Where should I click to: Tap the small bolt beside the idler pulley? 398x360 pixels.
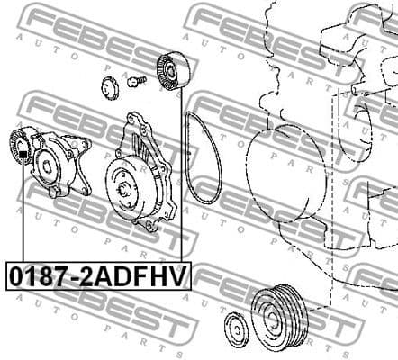click(136, 81)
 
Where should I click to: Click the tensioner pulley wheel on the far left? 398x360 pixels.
click(22, 142)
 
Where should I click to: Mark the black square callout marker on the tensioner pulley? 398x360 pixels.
click(22, 154)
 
